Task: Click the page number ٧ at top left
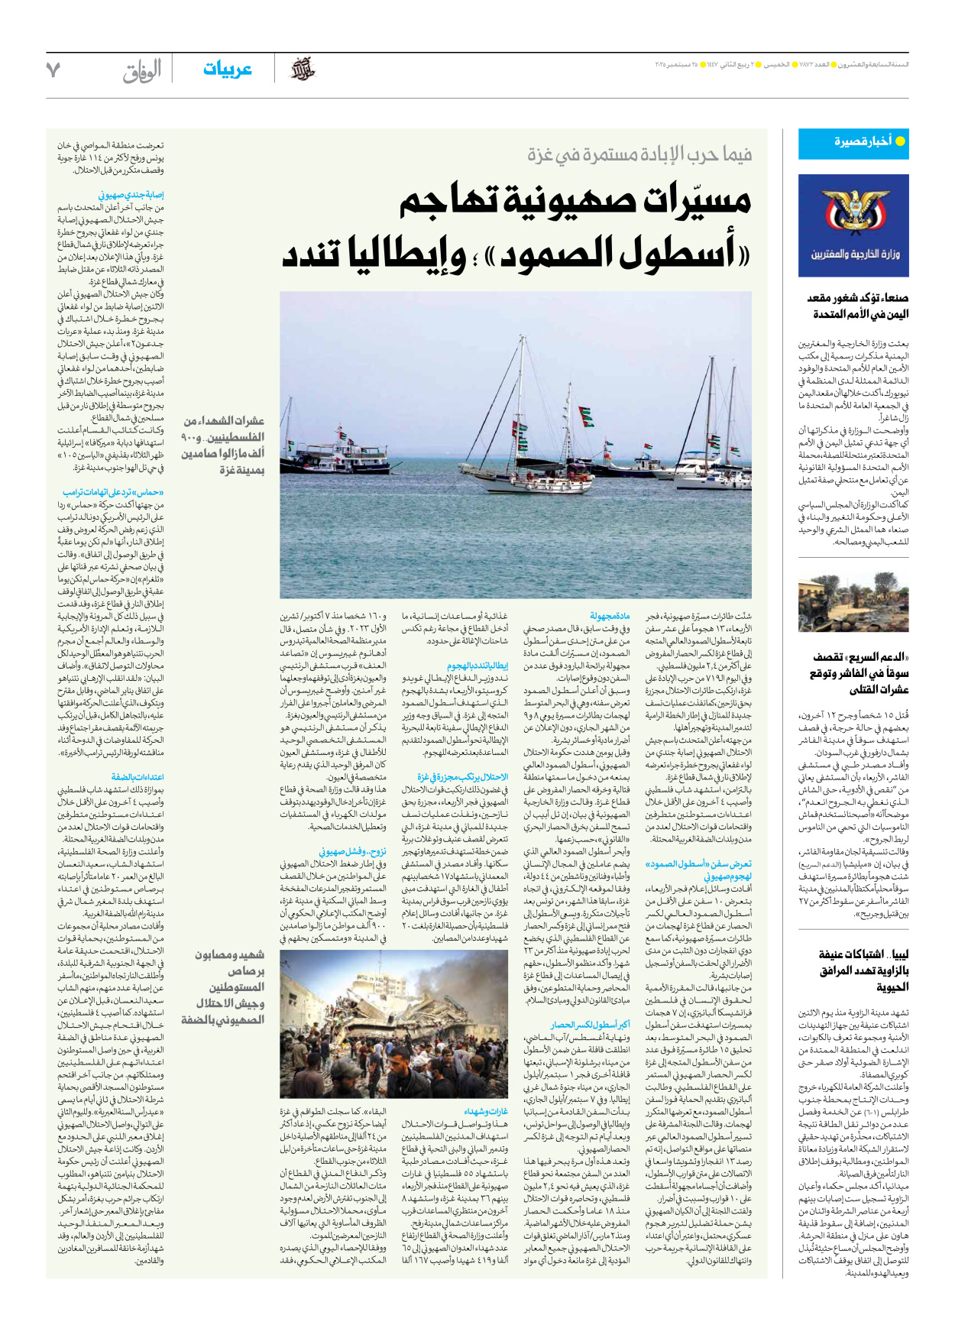click(53, 70)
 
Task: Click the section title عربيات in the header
click(227, 70)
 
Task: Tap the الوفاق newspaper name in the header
click(142, 71)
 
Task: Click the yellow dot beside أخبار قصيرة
click(900, 141)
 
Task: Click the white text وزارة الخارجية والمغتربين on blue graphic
click(855, 254)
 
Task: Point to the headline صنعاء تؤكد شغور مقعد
click(857, 298)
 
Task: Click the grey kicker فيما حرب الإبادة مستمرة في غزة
click(639, 155)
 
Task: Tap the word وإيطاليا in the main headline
click(405, 254)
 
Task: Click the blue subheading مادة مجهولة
click(610, 616)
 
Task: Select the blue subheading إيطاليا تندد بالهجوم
click(477, 666)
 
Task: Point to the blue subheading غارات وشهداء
click(486, 1111)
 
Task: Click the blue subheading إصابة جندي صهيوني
click(131, 195)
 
